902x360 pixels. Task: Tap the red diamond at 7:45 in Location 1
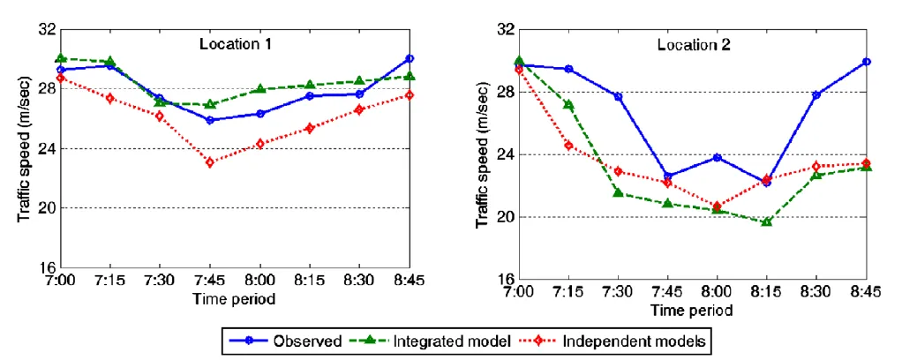tap(209, 162)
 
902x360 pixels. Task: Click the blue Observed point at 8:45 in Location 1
tap(410, 58)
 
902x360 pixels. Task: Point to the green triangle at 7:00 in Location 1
tap(60, 58)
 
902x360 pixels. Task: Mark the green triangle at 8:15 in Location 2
tap(766, 221)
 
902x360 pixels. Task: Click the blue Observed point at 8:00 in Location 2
tap(717, 157)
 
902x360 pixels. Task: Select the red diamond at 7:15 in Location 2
tap(568, 146)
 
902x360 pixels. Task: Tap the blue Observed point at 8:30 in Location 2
tap(816, 94)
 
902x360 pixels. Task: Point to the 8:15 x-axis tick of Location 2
tap(766, 292)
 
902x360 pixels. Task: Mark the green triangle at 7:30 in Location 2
tap(618, 192)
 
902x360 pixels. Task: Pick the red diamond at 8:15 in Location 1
tap(310, 128)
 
